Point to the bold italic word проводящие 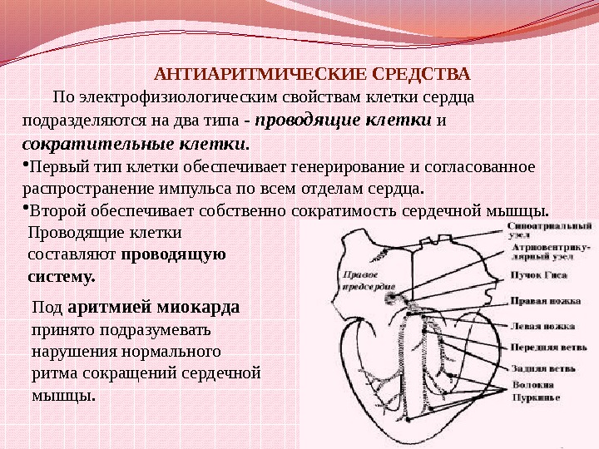tap(314, 120)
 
